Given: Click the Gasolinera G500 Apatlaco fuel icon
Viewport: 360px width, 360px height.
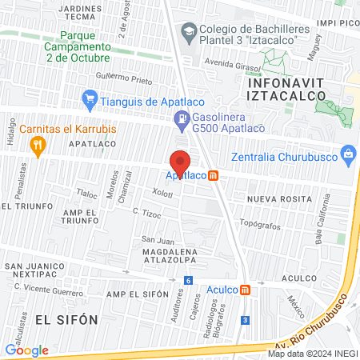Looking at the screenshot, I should coord(182,121).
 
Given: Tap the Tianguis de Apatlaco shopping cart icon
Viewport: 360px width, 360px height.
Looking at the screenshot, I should coord(90,100).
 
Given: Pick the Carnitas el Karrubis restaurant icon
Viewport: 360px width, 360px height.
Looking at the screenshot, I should coord(36,144).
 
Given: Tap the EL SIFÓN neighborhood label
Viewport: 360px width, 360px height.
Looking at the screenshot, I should coord(66,318).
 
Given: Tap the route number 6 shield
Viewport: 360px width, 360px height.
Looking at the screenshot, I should coord(187,280).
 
